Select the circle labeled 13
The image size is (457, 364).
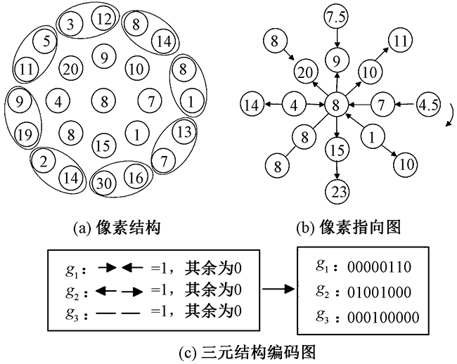184,131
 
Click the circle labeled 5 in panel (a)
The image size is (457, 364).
44,42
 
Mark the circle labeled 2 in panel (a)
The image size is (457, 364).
44,161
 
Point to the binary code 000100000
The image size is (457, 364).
385,318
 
